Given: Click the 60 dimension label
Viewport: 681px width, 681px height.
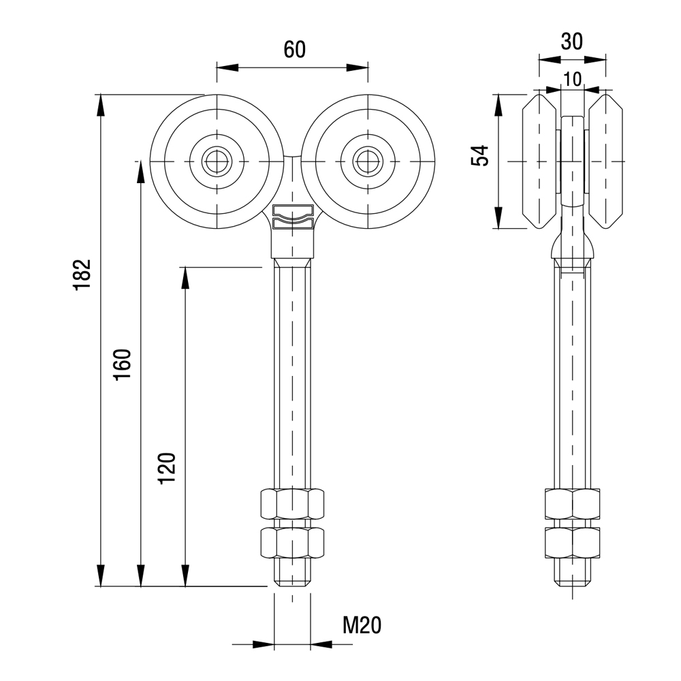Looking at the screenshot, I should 294,50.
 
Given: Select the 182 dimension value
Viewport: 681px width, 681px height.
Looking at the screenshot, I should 82,275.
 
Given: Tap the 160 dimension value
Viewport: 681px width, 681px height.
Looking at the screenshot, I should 123,364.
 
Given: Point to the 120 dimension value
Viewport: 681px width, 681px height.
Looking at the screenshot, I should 168,468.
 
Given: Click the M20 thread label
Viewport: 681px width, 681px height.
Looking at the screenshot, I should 361,624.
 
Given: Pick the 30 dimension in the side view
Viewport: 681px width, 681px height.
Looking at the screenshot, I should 572,42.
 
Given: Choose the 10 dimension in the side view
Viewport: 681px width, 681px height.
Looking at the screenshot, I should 573,79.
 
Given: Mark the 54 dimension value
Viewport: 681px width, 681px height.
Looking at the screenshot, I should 481,155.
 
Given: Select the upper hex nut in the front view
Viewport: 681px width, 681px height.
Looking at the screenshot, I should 292,504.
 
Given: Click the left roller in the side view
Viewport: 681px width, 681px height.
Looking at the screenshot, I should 540,161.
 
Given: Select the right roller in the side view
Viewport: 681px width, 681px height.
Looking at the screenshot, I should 605,161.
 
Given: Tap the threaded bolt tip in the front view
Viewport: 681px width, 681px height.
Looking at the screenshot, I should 292,573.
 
